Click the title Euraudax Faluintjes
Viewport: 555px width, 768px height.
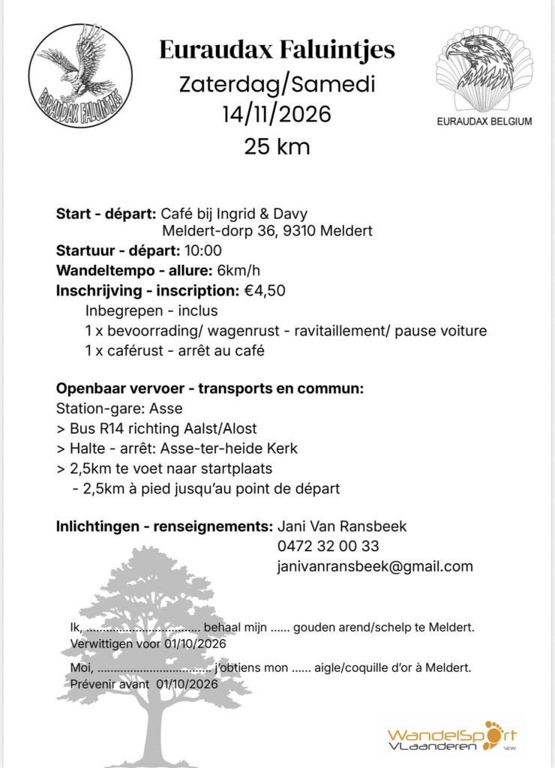[277, 50]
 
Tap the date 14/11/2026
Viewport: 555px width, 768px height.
[277, 114]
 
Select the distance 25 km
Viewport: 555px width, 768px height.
[277, 146]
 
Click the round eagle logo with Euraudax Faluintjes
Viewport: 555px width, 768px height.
[80, 74]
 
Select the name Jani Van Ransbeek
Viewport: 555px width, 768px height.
[342, 526]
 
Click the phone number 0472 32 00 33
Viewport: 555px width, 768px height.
[328, 546]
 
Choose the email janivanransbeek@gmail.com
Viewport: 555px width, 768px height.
[375, 566]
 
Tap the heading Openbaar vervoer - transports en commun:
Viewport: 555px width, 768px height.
[210, 389]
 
